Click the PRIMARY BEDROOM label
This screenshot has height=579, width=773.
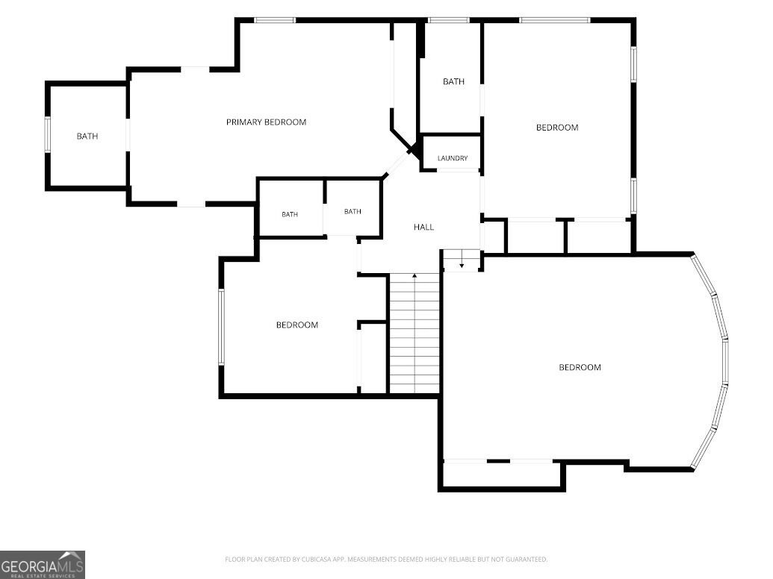click(x=266, y=122)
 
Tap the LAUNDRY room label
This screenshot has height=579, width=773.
click(x=453, y=158)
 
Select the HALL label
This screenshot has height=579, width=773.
click(x=423, y=227)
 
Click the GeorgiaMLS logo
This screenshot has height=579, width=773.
click(x=43, y=565)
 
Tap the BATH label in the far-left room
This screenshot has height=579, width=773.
click(x=87, y=136)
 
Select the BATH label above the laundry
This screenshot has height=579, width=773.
click(x=453, y=82)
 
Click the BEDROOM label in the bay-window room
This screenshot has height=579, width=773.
click(x=580, y=367)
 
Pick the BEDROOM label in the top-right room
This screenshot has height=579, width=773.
click(x=557, y=128)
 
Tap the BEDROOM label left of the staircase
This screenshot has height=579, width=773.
click(x=297, y=325)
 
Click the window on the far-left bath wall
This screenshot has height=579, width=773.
click(x=48, y=134)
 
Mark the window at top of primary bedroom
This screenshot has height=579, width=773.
click(x=275, y=20)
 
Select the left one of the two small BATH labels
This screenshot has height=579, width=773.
click(x=290, y=214)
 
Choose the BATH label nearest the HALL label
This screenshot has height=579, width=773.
click(x=353, y=211)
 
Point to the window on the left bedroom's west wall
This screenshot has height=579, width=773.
click(x=221, y=327)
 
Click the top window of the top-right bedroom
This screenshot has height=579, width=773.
click(x=555, y=20)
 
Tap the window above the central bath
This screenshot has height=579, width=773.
click(x=448, y=20)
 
